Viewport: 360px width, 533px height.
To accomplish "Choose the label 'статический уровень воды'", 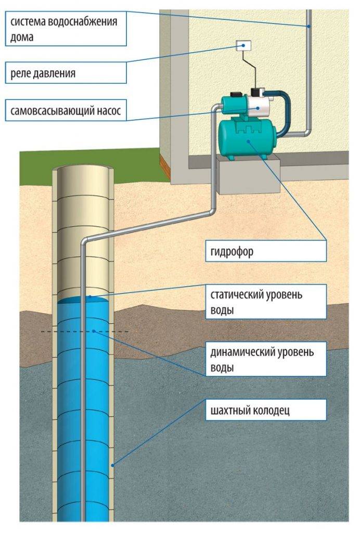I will [265, 302].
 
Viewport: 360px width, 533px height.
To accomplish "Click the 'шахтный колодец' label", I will [265, 410].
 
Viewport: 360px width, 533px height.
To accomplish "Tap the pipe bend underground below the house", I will [213, 210].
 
